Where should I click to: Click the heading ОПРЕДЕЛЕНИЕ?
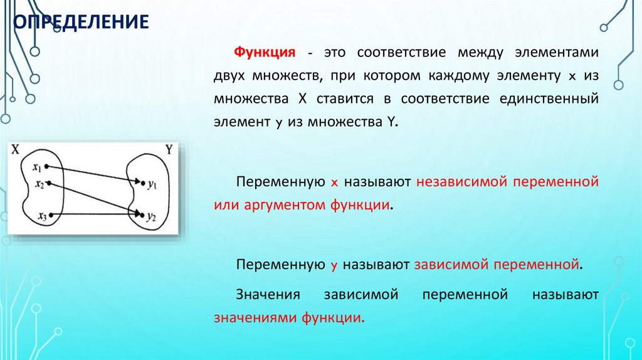(82, 23)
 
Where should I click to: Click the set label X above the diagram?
(16, 151)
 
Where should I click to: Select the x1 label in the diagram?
(37, 167)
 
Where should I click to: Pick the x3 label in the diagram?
(42, 216)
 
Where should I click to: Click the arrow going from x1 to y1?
(94, 174)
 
